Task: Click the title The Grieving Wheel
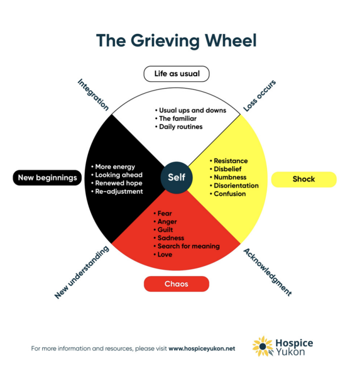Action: (176, 40)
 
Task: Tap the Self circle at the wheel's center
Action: (176, 176)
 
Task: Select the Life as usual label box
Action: (176, 74)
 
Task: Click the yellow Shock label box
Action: (304, 179)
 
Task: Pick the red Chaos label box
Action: (176, 284)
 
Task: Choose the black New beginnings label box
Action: (47, 178)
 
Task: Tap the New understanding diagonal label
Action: (82, 272)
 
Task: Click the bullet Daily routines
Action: (180, 126)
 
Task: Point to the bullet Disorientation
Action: (236, 186)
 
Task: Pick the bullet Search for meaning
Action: (188, 246)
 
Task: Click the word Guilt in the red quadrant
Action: (165, 230)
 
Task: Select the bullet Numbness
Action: (230, 178)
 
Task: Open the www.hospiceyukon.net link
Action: (202, 348)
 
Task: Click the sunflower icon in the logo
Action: (263, 347)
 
